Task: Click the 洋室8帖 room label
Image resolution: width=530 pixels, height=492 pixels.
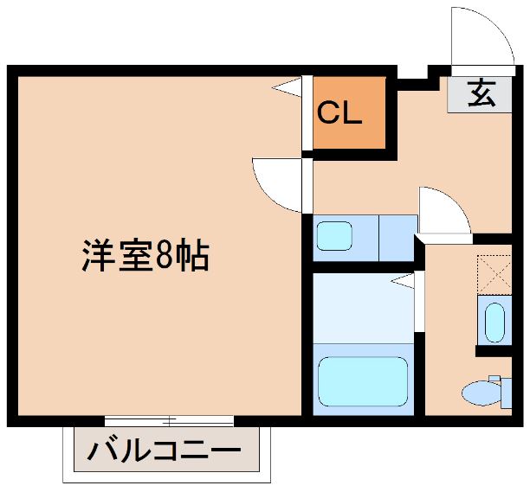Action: coord(145,256)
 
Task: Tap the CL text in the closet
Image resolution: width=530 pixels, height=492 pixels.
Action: coord(339,112)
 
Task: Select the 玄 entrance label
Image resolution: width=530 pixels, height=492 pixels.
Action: coord(482,93)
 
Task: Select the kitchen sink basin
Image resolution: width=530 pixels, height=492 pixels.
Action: coord(333,236)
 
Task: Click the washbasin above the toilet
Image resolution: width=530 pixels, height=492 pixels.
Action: coord(494,322)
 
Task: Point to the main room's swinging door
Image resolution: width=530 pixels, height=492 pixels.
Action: coord(279,184)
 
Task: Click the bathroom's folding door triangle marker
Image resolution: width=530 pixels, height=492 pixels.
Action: coord(403,279)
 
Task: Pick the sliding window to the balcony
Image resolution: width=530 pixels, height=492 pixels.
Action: coord(169,421)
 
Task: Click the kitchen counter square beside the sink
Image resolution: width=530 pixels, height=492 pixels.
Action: coord(397,236)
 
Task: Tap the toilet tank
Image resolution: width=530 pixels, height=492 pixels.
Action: coord(496,390)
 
